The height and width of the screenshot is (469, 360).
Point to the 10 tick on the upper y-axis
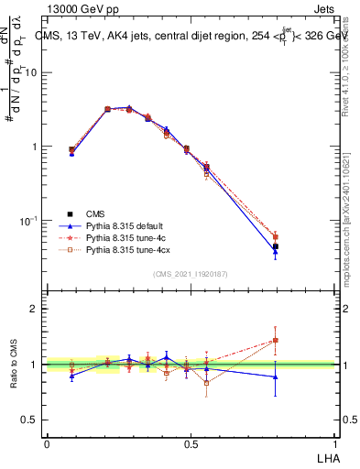tap(31, 72)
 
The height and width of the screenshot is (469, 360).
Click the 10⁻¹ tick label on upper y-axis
tap(27, 221)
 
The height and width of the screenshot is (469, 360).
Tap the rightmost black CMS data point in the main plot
tap(275, 246)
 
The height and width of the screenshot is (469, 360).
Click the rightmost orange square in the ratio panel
tap(275, 340)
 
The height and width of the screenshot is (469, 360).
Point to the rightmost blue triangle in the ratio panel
tap(275, 377)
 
